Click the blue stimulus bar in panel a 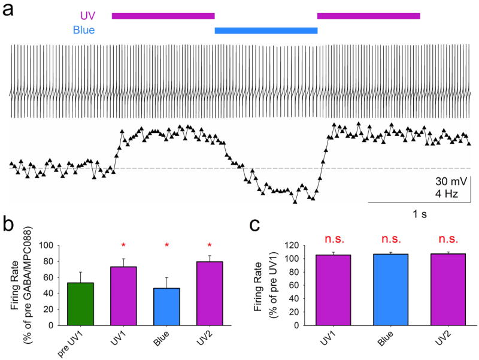tap(266, 29)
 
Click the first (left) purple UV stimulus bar tap(163, 16)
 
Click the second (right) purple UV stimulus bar tap(368, 16)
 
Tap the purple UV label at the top tap(87, 16)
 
